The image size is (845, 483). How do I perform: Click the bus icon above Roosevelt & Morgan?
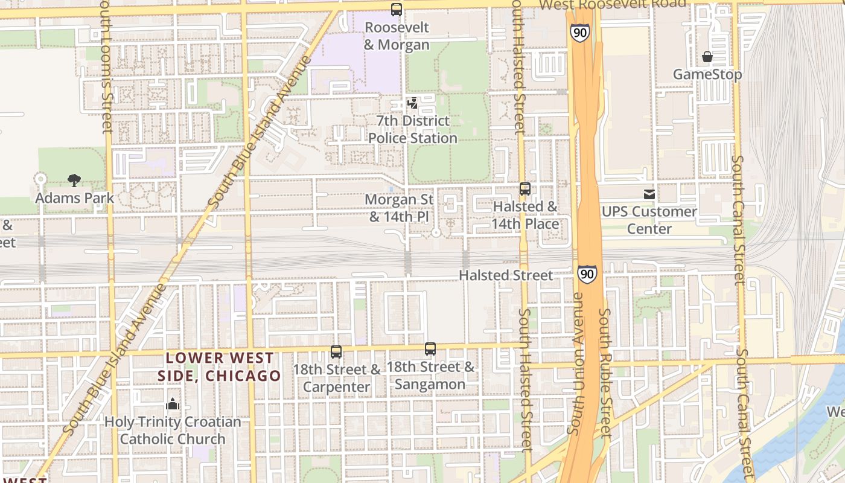(x=397, y=10)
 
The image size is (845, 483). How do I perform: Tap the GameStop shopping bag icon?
(x=707, y=57)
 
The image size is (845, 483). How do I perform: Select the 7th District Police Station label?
(x=413, y=129)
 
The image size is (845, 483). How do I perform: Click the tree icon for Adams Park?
(x=74, y=179)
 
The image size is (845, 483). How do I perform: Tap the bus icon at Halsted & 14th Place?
(x=525, y=189)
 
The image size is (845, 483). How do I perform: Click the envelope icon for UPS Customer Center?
(x=649, y=194)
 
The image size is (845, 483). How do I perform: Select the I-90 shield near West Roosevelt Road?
(x=579, y=33)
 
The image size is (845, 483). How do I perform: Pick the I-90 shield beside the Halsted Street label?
(x=587, y=274)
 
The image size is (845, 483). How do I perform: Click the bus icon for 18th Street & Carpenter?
(x=336, y=351)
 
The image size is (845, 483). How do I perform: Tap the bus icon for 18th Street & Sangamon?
(x=430, y=348)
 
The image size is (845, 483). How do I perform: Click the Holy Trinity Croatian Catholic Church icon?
(x=173, y=404)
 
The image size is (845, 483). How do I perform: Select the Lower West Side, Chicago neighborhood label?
(x=219, y=367)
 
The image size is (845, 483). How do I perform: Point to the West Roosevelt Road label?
(x=612, y=4)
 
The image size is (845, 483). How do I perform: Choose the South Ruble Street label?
(x=606, y=368)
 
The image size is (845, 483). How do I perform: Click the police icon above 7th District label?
(x=413, y=104)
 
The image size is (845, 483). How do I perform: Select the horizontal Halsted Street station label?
(x=506, y=275)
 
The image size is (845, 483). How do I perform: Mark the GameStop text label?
(x=707, y=74)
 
